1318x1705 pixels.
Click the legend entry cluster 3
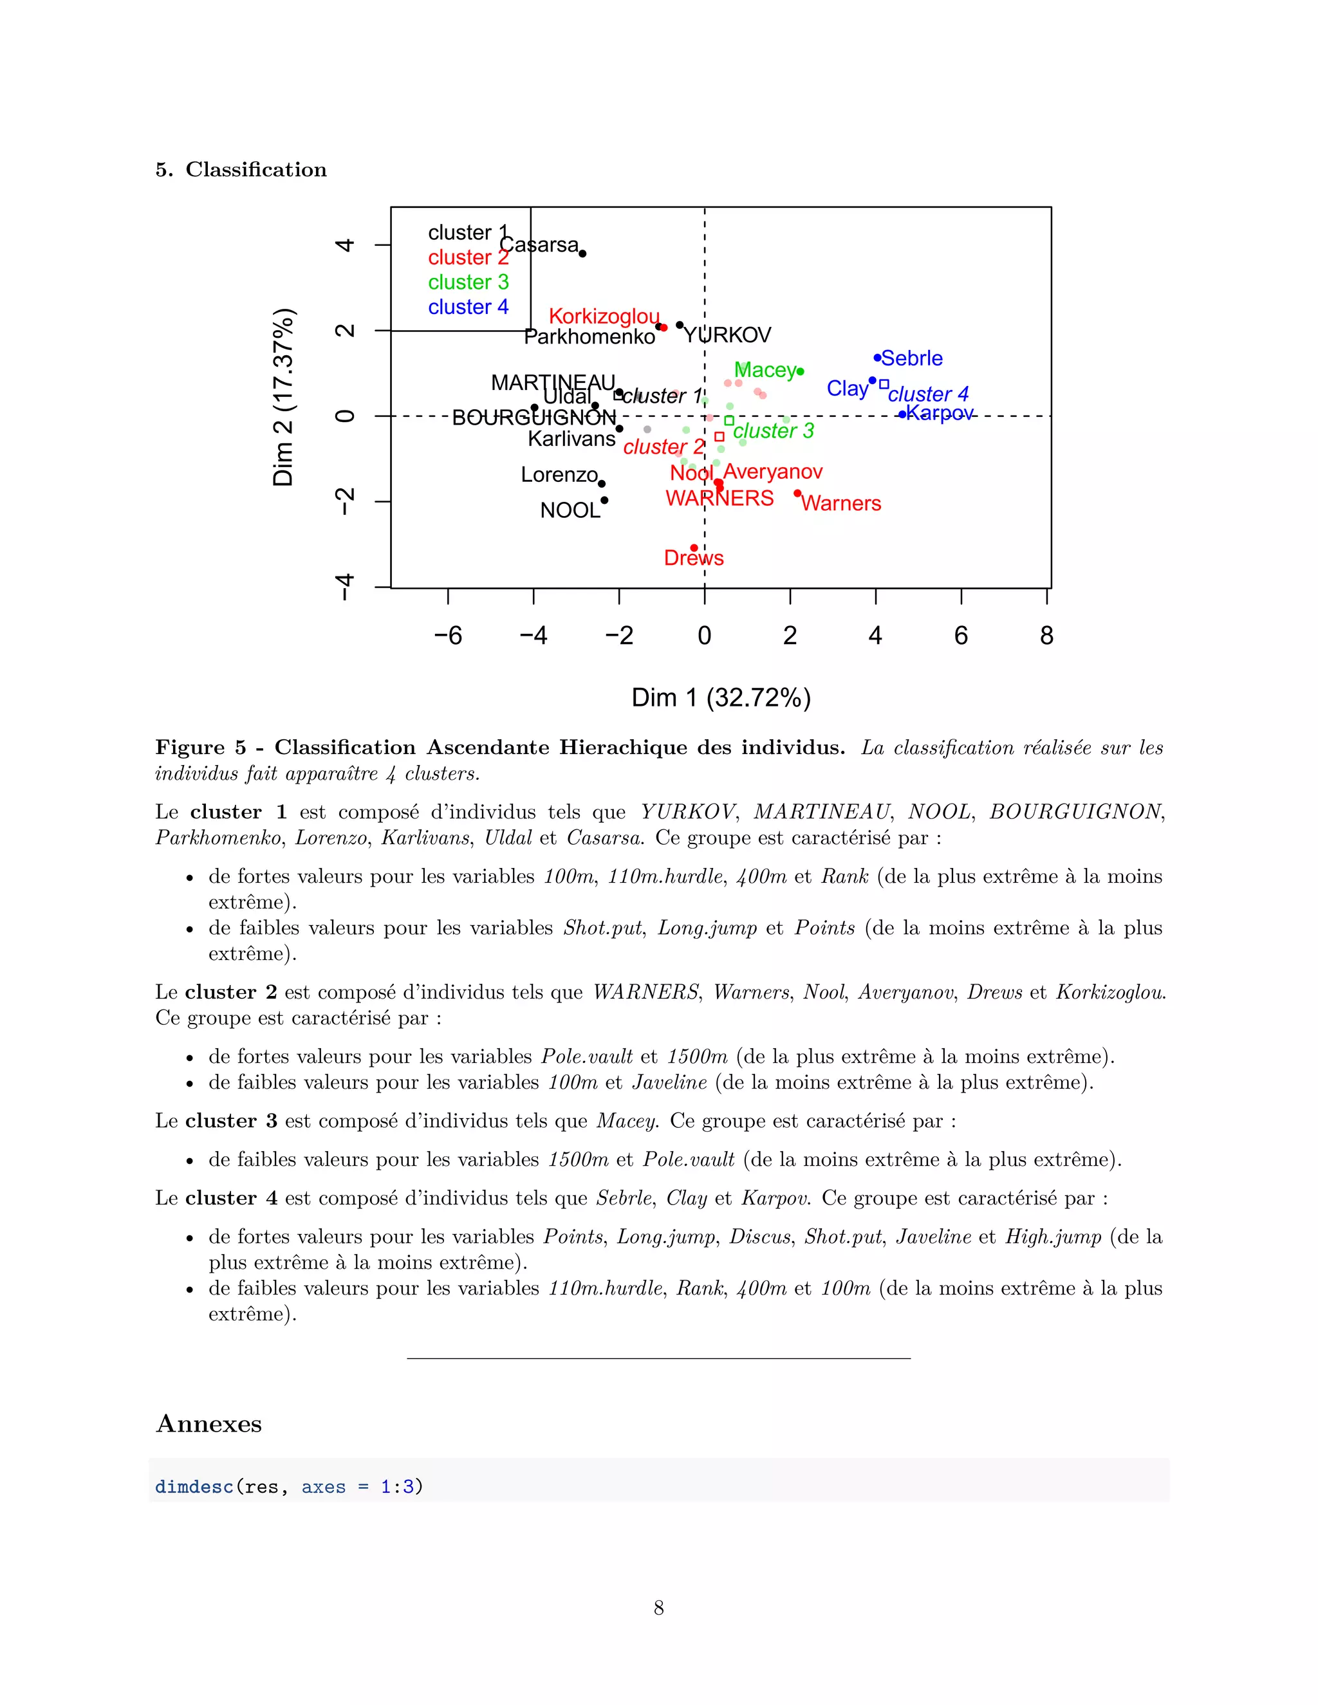(468, 282)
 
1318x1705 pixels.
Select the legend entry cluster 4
(468, 307)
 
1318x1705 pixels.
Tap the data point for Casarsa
(582, 253)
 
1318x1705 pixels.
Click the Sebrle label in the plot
(911, 358)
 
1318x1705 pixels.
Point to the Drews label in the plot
(693, 558)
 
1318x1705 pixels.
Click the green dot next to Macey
(801, 372)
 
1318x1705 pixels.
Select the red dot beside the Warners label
(797, 493)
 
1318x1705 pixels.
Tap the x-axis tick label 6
(961, 636)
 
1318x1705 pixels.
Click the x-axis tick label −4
(534, 636)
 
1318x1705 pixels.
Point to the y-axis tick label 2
(344, 330)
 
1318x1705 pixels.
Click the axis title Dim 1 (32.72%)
(721, 697)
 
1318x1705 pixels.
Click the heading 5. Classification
(241, 169)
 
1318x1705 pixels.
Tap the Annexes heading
(209, 1423)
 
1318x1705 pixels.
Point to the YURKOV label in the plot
(727, 336)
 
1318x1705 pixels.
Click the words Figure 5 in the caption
(201, 747)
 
